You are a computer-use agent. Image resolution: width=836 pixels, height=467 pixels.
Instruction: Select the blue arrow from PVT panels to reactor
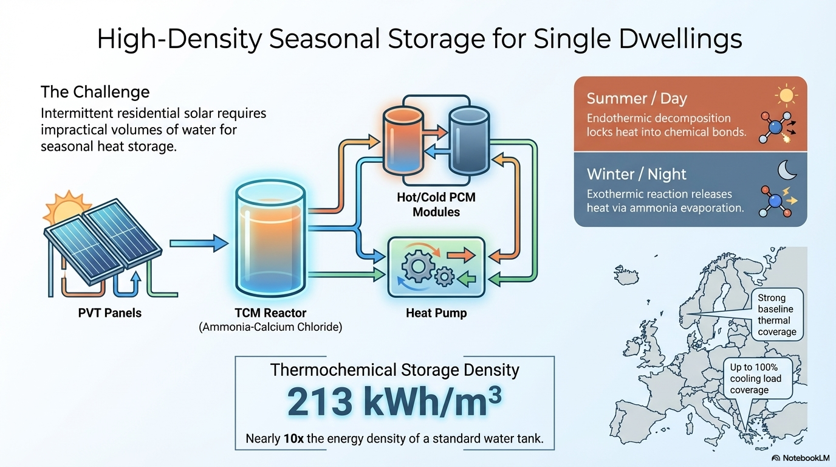tap(198, 244)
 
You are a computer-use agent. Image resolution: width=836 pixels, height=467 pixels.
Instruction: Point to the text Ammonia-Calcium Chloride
tap(271, 327)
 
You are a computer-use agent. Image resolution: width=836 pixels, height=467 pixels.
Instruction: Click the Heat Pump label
tap(436, 314)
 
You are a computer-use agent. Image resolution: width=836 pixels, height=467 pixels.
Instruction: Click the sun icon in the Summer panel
tap(786, 95)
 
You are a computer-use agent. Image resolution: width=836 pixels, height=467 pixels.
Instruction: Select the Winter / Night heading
tap(636, 175)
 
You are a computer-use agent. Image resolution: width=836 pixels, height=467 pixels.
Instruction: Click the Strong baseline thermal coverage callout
tap(776, 315)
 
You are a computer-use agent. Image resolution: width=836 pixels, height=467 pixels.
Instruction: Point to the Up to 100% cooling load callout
tap(755, 378)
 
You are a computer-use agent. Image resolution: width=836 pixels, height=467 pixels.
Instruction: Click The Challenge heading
tap(95, 92)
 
